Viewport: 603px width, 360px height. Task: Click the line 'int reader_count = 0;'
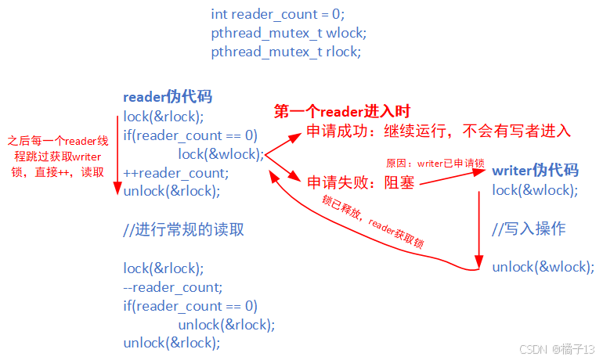277,14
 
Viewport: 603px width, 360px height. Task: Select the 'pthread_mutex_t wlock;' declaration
288,34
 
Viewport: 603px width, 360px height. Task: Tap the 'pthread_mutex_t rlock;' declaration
286,52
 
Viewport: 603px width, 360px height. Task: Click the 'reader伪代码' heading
167,97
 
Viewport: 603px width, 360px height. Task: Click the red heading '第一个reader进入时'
342,112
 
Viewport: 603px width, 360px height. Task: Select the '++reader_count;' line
175,173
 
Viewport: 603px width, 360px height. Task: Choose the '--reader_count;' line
172,287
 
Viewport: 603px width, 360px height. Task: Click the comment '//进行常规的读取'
183,230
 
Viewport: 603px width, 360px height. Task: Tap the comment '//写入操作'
529,229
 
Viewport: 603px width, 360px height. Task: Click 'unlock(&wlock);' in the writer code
543,267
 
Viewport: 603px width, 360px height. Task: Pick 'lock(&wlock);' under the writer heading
535,190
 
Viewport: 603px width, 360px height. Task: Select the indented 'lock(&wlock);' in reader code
221,154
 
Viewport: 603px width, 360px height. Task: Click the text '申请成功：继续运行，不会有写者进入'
438,131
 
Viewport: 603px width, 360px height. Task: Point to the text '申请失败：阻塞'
359,183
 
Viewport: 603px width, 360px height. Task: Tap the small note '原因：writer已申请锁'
435,164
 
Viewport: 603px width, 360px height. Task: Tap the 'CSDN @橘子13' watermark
557,347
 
